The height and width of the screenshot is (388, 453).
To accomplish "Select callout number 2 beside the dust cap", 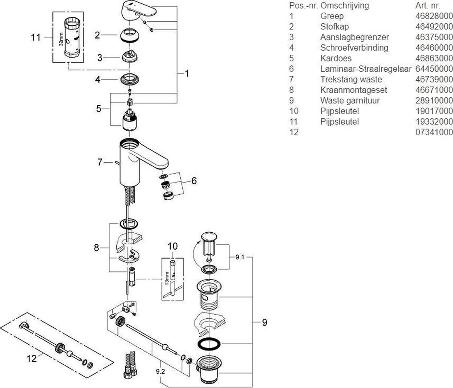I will [x=97, y=35].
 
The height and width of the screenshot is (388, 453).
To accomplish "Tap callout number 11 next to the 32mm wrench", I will [x=35, y=37].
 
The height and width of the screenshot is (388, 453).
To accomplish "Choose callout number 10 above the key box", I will [x=172, y=247].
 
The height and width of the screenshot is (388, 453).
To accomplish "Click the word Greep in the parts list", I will [x=332, y=16].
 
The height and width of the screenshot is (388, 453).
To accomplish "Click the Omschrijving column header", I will [x=345, y=6].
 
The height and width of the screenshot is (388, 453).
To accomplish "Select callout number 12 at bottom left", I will [x=33, y=358].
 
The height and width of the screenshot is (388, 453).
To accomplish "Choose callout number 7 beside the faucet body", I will [x=100, y=163].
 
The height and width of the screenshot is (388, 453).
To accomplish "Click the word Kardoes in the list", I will [x=336, y=58].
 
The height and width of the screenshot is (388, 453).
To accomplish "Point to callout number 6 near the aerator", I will [x=194, y=181].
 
